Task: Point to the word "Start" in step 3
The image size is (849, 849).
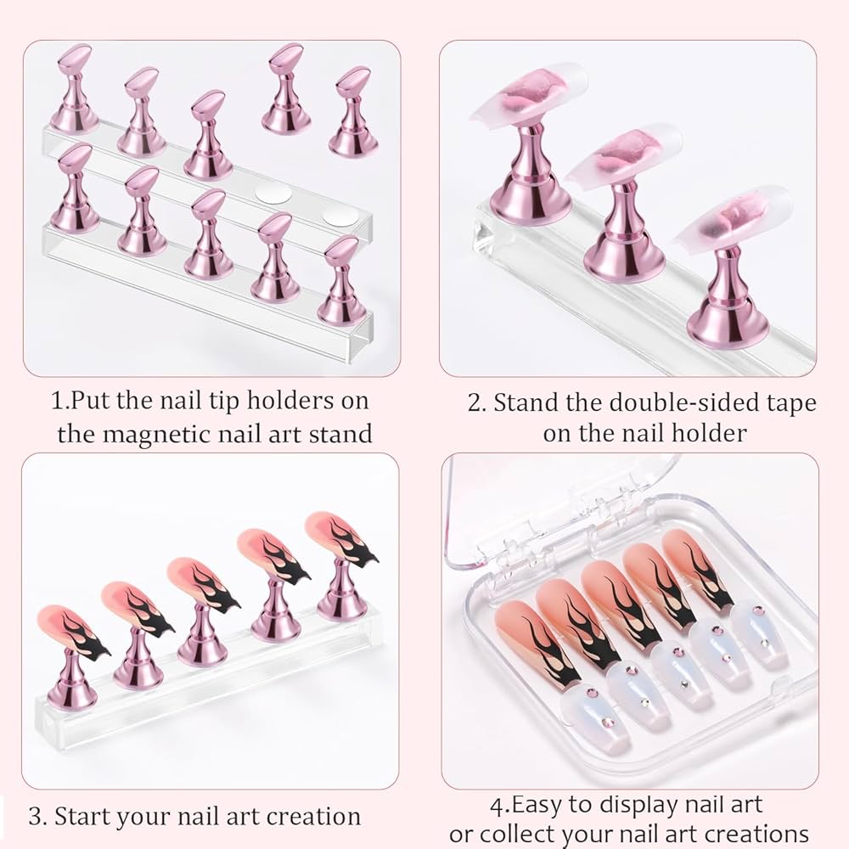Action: click(87, 817)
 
